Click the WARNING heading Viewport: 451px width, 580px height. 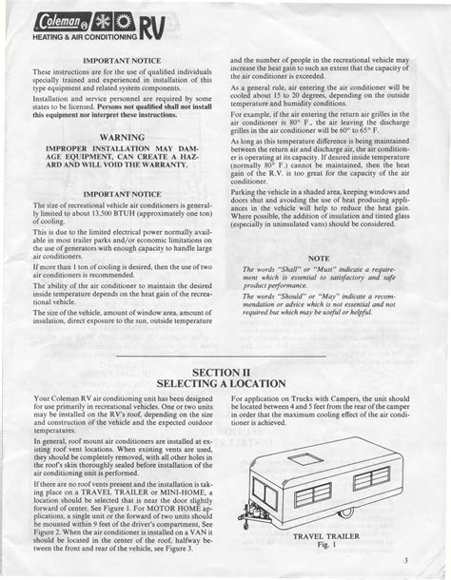click(x=121, y=137)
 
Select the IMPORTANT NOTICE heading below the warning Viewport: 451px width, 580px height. click(x=121, y=194)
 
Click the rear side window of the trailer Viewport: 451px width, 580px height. click(x=372, y=476)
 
